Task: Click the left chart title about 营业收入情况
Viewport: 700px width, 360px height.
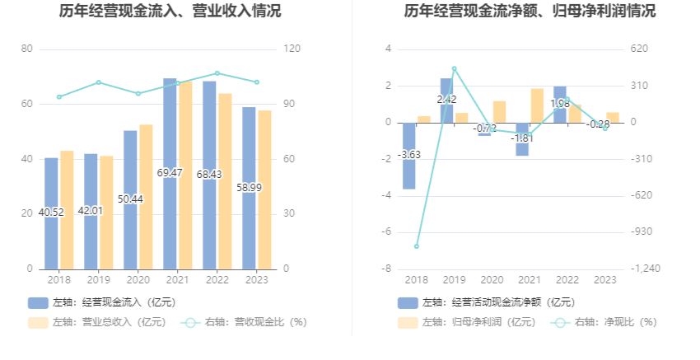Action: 170,12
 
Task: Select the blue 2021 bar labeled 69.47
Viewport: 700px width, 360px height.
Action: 170,173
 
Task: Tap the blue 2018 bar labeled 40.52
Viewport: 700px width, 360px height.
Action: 51,213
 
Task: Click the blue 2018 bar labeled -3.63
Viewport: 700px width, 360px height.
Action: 408,155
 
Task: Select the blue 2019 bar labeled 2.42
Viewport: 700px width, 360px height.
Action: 446,100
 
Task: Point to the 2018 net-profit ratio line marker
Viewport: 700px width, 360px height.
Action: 417,246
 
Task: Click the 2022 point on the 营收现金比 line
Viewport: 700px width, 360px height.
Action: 217,73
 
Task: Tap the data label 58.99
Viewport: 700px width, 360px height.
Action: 249,188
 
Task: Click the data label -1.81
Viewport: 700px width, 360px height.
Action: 522,138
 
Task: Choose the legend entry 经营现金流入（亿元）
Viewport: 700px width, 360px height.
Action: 102,302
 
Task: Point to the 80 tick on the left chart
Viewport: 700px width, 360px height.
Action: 27,49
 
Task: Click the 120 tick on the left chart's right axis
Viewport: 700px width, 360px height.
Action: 292,49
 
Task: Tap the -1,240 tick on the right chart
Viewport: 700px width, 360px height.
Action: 645,269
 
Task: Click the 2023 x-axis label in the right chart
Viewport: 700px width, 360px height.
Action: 605,280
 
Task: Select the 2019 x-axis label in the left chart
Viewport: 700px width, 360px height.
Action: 98,280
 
